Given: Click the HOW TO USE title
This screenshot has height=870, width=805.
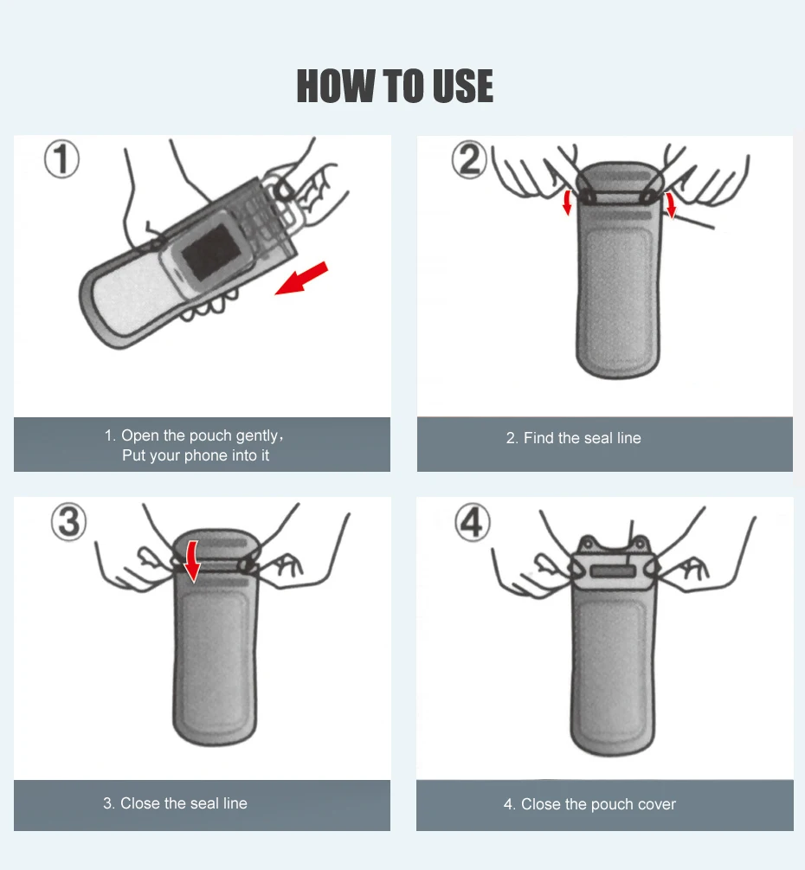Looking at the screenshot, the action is click(x=395, y=86).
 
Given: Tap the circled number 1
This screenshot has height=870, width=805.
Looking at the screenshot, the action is click(x=61, y=159).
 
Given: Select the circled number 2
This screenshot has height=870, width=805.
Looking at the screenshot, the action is click(x=469, y=160).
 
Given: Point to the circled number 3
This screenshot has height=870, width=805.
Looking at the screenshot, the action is click(x=68, y=521).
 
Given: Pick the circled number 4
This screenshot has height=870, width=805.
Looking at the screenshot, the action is click(x=472, y=522).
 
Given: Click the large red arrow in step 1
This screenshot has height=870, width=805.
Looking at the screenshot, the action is click(x=302, y=279).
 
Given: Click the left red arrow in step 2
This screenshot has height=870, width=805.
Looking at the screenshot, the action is click(x=567, y=203).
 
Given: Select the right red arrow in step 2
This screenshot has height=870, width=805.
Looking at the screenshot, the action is click(x=671, y=205).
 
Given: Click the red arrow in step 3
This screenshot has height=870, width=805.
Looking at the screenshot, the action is click(x=192, y=562).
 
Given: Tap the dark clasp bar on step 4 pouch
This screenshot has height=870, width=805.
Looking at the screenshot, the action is click(x=613, y=571).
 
